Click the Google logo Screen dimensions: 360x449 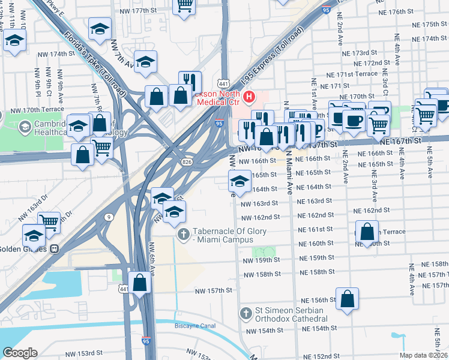tap(20, 353)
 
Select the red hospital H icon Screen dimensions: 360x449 tap(249, 96)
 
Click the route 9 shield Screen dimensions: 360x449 tap(109, 217)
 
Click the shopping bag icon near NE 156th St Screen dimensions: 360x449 tap(347, 298)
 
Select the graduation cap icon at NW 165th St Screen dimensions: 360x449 tap(240, 181)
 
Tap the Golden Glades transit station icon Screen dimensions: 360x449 tap(54, 248)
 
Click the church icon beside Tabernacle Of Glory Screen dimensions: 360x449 tap(185, 234)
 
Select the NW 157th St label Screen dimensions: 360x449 tap(214, 290)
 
